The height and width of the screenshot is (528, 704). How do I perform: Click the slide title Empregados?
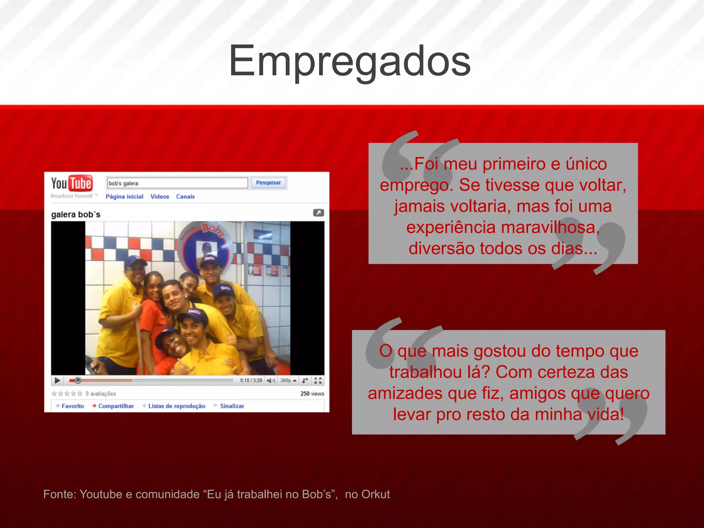click(x=350, y=61)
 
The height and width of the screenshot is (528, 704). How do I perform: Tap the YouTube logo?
click(x=72, y=184)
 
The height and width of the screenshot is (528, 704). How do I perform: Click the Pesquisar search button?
click(x=268, y=183)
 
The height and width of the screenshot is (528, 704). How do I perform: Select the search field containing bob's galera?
click(x=177, y=183)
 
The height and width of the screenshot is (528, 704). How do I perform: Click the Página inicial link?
click(x=124, y=197)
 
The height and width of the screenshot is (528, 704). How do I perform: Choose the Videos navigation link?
click(x=159, y=197)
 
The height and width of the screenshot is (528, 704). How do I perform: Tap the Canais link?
click(x=185, y=197)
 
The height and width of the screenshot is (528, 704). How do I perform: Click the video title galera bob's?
click(x=76, y=214)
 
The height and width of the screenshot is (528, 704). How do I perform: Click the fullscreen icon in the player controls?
click(x=318, y=380)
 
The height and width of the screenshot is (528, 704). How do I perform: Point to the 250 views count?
click(x=312, y=394)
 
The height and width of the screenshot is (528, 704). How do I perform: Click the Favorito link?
click(x=73, y=406)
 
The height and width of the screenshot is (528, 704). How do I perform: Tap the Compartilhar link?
click(x=116, y=406)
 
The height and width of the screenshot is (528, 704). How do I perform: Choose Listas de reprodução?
click(x=176, y=406)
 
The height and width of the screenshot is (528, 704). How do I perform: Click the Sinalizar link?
click(x=232, y=406)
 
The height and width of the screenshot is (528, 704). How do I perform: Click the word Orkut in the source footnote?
click(x=376, y=494)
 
